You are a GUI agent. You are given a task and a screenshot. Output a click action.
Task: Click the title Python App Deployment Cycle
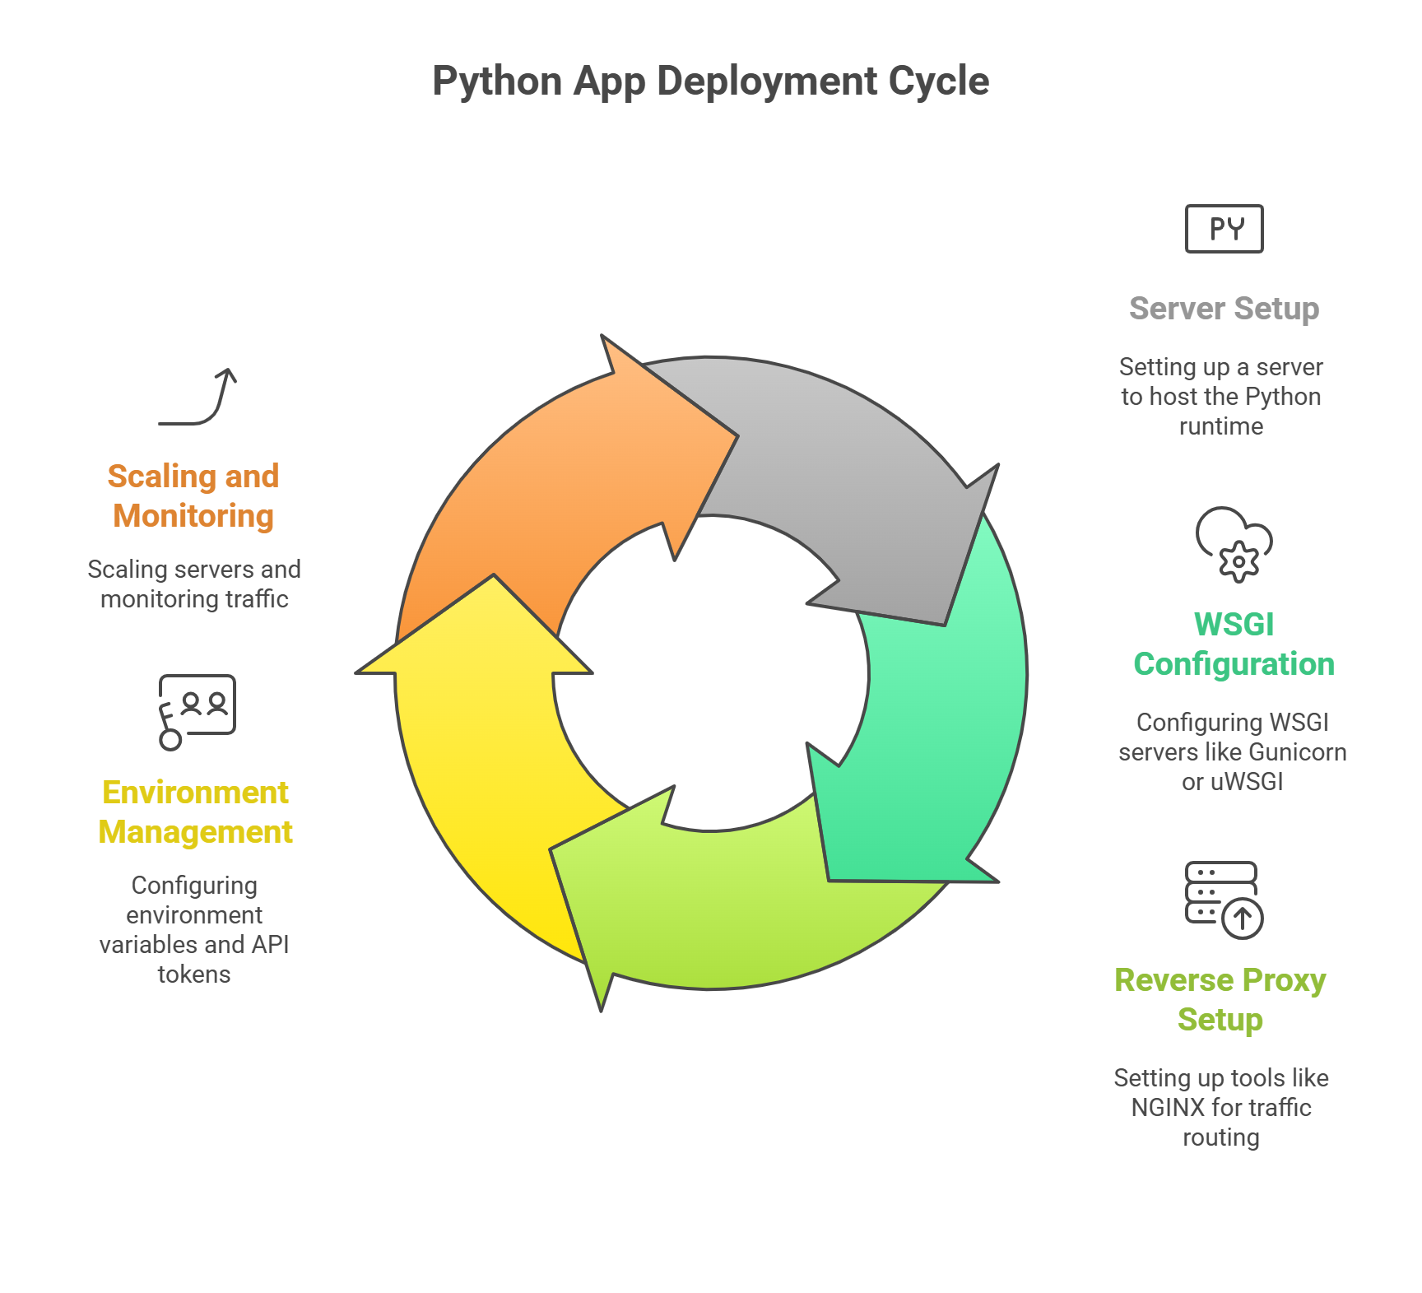click(x=710, y=81)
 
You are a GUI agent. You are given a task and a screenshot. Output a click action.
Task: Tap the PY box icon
click(x=1224, y=229)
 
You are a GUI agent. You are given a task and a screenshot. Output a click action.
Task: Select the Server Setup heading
click(x=1224, y=309)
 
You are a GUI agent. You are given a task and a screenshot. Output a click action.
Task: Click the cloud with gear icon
click(x=1234, y=544)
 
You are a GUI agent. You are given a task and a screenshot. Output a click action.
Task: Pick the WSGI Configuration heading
click(x=1234, y=644)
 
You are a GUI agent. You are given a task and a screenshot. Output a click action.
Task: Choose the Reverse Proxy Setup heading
click(x=1220, y=1000)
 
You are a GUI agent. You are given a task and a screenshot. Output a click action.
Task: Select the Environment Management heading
click(x=195, y=812)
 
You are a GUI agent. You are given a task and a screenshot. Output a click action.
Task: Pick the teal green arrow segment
click(x=930, y=741)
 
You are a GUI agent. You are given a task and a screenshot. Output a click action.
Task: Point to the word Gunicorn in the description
click(x=1300, y=752)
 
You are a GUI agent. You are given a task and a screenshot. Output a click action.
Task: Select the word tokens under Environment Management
click(x=194, y=974)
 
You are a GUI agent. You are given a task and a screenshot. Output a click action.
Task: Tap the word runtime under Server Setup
click(x=1221, y=426)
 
